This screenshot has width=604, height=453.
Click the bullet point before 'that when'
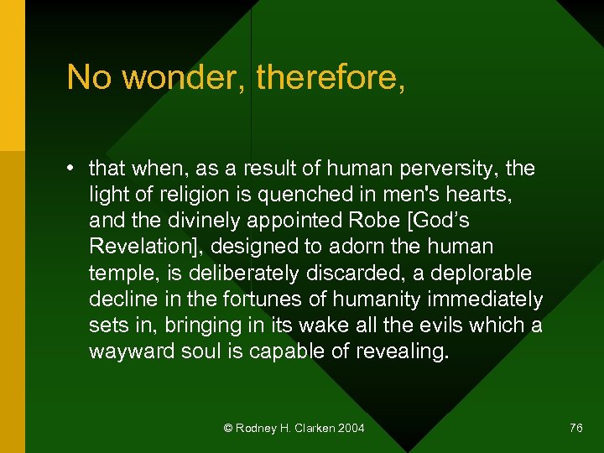point(74,169)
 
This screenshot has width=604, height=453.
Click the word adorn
point(379,247)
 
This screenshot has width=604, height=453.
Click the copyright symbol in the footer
point(227,429)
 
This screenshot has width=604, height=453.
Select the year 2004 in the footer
point(351,429)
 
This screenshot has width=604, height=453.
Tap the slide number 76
point(575,429)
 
